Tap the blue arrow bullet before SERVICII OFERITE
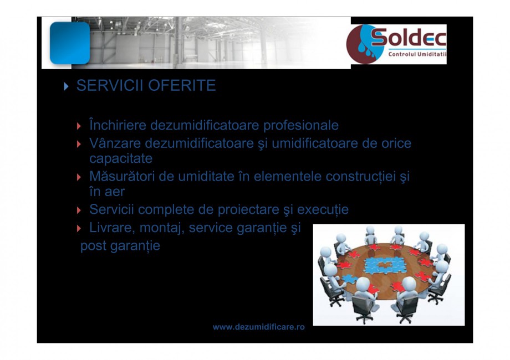(x=67, y=87)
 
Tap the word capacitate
(x=121, y=158)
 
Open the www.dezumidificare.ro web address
(x=259, y=327)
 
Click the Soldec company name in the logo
(x=408, y=38)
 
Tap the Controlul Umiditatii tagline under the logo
(x=417, y=55)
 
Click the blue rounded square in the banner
(x=70, y=43)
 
